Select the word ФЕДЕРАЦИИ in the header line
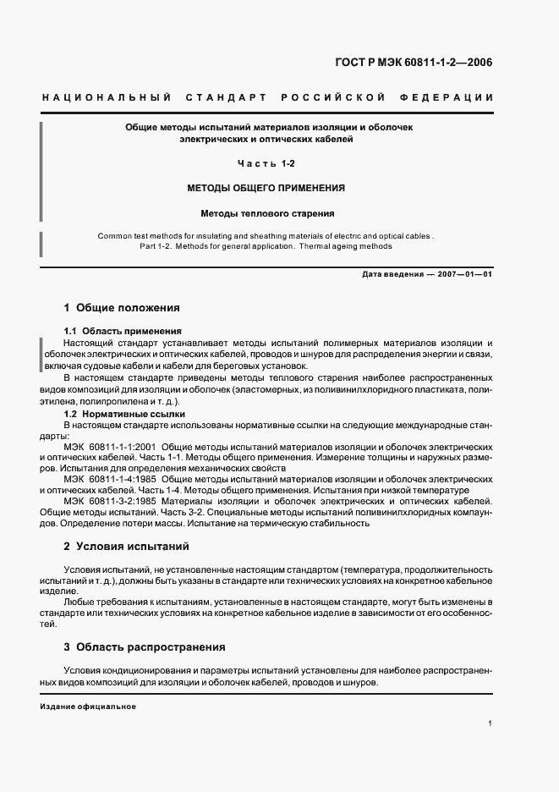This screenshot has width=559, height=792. click(x=452, y=98)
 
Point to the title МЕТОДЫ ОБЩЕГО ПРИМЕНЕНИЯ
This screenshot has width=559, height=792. click(x=266, y=188)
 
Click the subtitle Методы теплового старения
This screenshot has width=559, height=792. click(x=266, y=213)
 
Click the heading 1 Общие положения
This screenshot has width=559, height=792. click(x=122, y=308)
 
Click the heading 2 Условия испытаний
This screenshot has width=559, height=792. click(x=127, y=547)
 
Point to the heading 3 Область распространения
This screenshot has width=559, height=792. click(x=145, y=647)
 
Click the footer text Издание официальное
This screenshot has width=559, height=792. click(x=88, y=707)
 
